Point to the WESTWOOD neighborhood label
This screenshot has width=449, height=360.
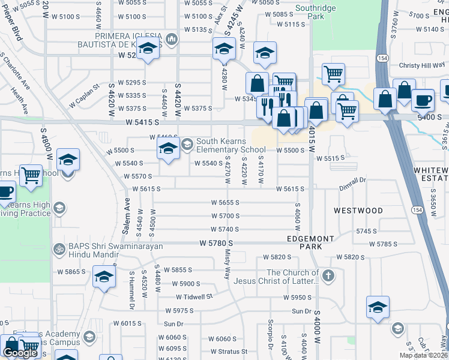point(358,211)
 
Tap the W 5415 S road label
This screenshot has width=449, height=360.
point(142,122)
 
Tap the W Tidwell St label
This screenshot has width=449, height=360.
point(194,297)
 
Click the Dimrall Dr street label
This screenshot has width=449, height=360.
point(352,180)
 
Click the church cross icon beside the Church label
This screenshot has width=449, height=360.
point(327,276)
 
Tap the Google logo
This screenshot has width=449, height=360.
point(20,353)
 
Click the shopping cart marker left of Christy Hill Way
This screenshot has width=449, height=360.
point(333,74)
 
